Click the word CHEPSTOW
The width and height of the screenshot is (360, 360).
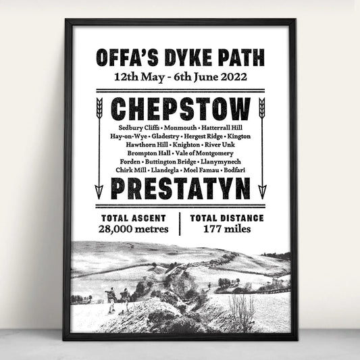(x=180, y=109)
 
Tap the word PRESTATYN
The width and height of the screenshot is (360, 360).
(x=180, y=189)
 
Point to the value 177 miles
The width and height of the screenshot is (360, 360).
(x=226, y=229)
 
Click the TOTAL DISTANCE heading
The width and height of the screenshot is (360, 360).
(x=226, y=218)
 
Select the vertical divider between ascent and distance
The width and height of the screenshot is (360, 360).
(x=180, y=224)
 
